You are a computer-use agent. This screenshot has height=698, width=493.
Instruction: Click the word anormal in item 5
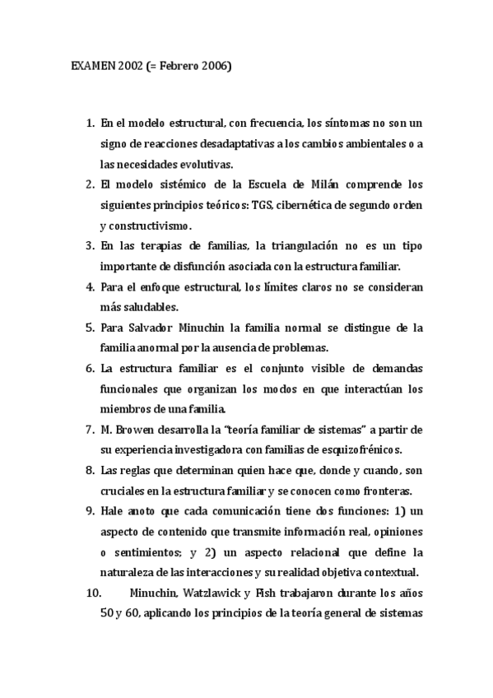coord(169,347)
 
